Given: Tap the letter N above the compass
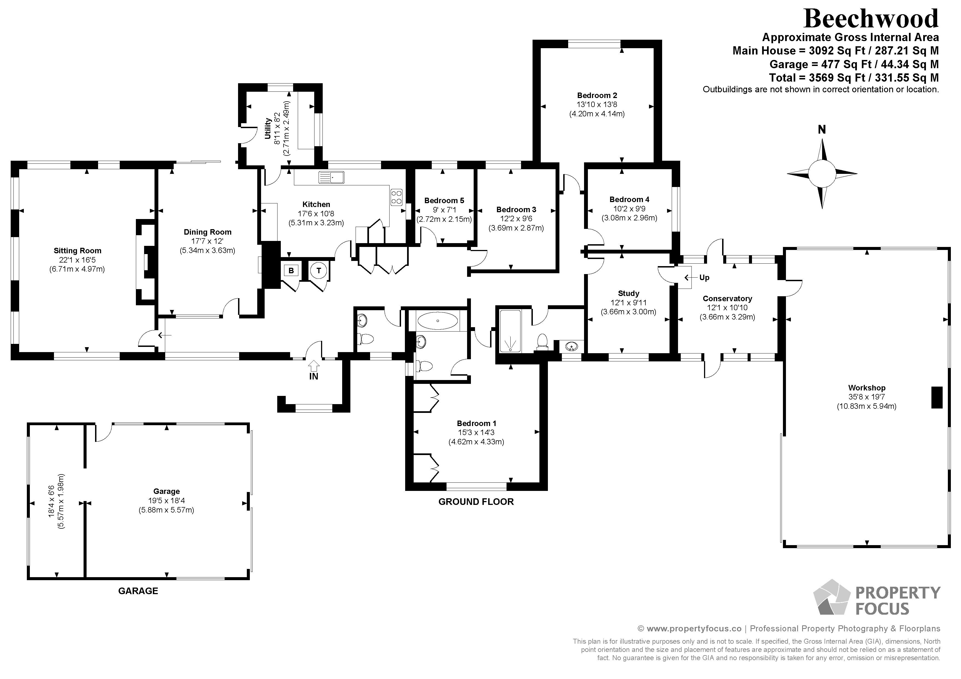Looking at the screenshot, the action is coord(822,130).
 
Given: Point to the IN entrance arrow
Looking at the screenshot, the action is coord(313,366).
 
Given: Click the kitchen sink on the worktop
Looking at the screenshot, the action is coord(331,177).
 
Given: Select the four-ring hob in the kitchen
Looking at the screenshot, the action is coord(396,197).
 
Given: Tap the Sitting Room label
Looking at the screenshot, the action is coord(78,251).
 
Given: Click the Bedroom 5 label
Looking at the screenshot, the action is coord(444,200).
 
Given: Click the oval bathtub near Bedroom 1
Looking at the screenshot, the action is coord(438,321).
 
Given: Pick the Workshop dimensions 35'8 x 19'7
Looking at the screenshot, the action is coord(866,397).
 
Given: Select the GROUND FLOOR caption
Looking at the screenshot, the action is coord(476,502).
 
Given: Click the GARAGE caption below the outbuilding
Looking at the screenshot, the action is coord(138,591).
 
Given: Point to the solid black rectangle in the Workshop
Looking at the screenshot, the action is coord(937,398).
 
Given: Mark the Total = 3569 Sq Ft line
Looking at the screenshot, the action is coord(854,78).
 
